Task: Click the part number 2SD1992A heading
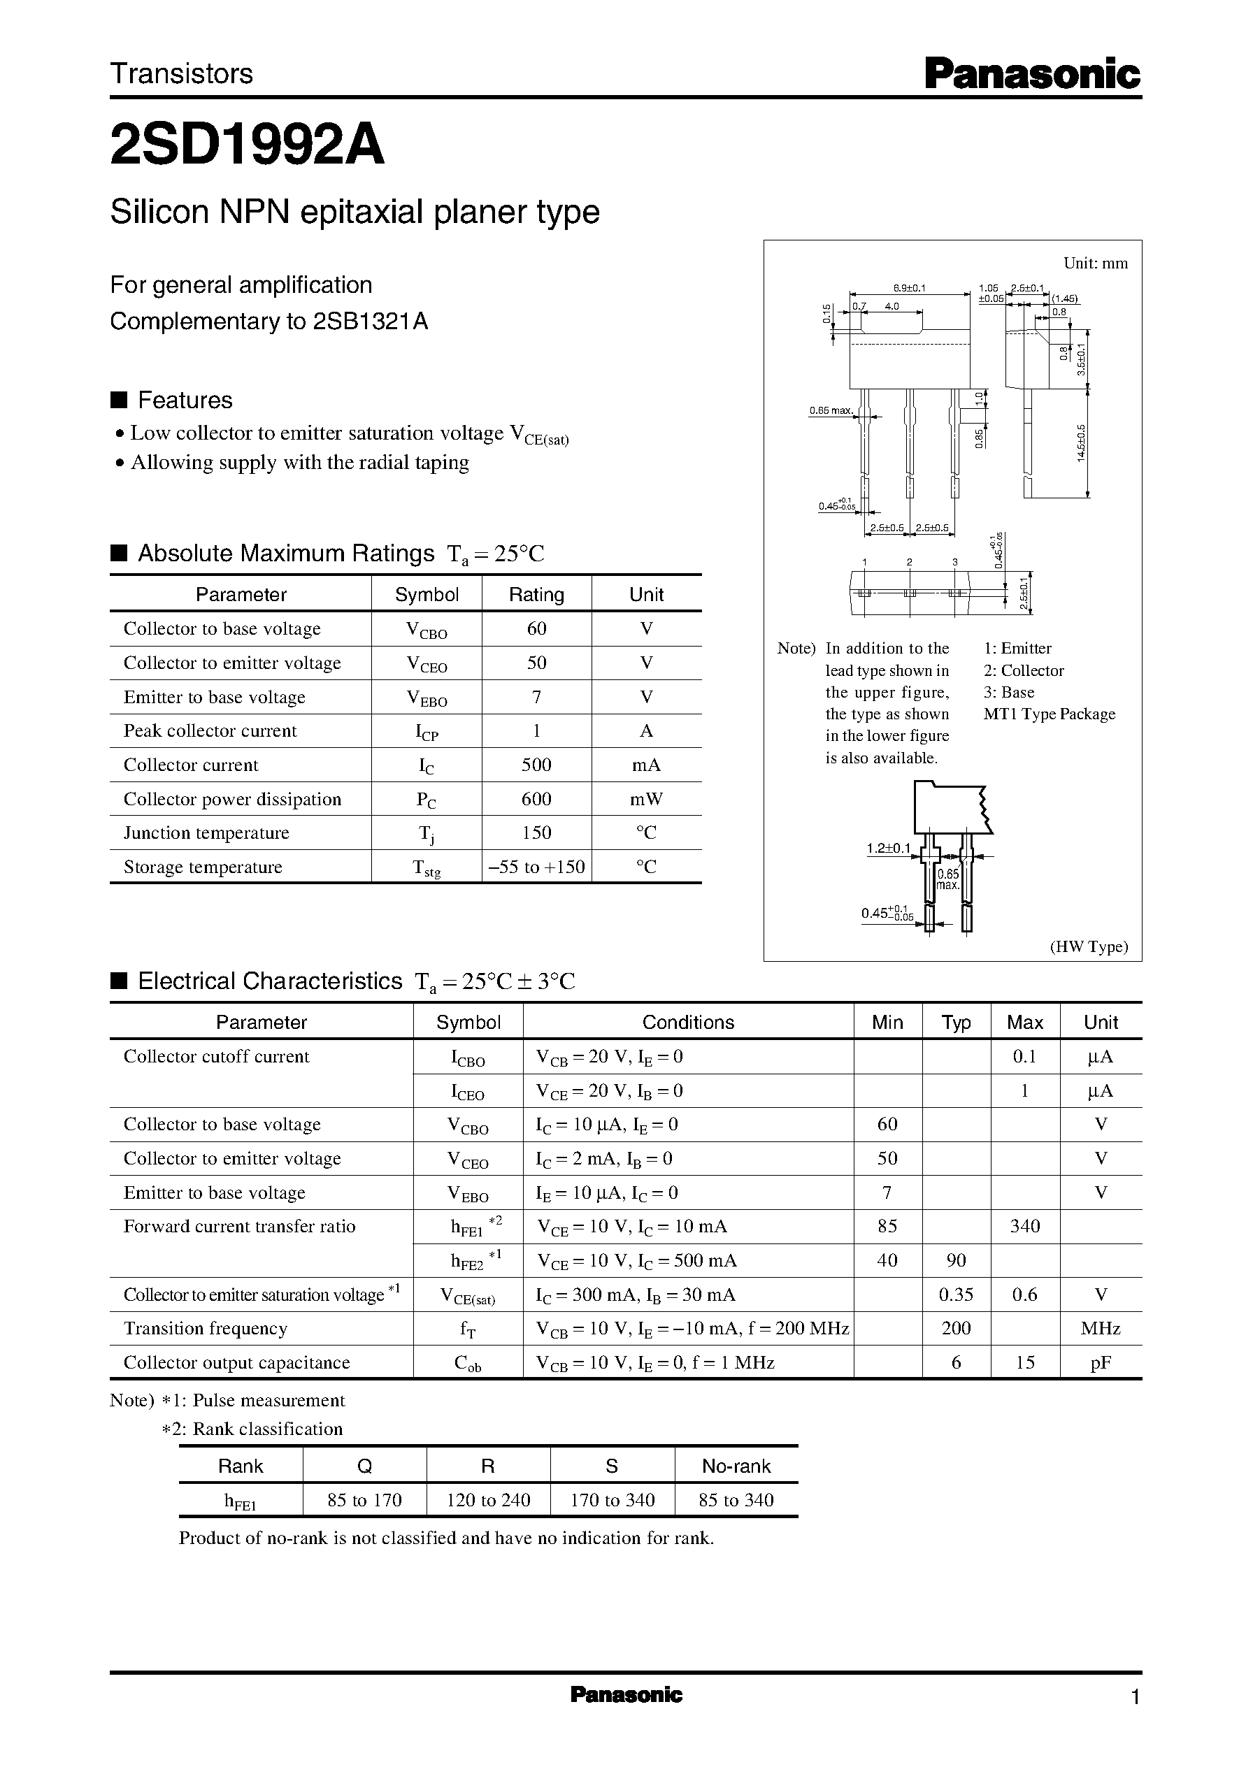tap(247, 146)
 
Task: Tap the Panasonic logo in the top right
tap(1032, 75)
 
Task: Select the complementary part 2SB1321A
tap(371, 321)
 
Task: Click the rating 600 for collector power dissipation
tap(536, 799)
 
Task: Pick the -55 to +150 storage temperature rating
tap(536, 867)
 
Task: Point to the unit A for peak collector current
tap(646, 730)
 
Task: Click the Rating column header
tap(536, 594)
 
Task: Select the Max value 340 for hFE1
tap(1024, 1226)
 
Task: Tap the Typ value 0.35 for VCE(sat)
tap(955, 1294)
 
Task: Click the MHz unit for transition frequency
tap(1101, 1328)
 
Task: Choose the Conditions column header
tap(687, 1022)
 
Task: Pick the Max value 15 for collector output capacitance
tap(1024, 1362)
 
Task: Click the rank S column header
tap(612, 1466)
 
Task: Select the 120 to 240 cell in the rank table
tap(488, 1500)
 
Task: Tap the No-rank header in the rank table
tap(736, 1466)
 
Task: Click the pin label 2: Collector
tap(1023, 670)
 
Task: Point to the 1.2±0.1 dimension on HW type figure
tap(888, 849)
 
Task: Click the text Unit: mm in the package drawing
tap(1095, 263)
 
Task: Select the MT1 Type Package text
tap(1049, 714)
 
